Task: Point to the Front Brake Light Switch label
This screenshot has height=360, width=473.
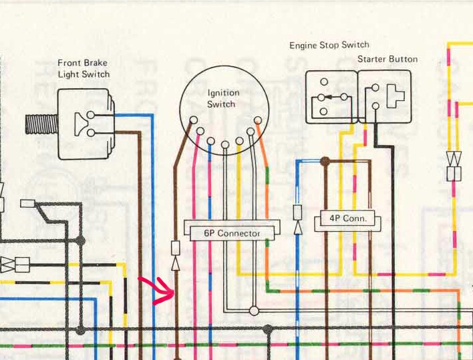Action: pos(84,68)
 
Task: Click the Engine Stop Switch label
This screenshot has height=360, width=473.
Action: pos(329,45)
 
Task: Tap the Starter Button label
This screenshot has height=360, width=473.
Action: pos(387,59)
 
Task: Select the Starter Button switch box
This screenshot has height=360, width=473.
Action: pos(384,97)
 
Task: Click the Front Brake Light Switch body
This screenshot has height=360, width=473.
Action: pos(86,124)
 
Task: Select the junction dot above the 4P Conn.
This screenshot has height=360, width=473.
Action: pos(325,161)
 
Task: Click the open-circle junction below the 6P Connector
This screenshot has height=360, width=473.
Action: pos(254,311)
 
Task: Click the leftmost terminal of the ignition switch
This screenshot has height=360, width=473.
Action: pos(193,121)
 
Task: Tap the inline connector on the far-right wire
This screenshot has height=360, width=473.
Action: pos(454,167)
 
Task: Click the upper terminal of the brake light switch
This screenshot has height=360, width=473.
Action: pos(91,116)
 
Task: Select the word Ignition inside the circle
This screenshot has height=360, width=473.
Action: pos(223,94)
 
